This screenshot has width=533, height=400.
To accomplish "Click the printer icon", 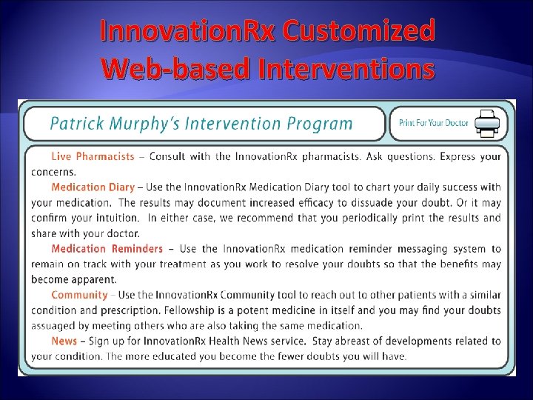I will pyautogui.click(x=486, y=123).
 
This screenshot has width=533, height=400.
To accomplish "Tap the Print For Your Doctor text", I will pyautogui.click(x=434, y=123).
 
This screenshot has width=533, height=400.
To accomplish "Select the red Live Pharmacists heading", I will pyautogui.click(x=93, y=156).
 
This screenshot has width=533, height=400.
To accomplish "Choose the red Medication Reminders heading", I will pyautogui.click(x=107, y=248).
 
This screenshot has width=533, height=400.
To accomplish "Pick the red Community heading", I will pyautogui.click(x=79, y=295).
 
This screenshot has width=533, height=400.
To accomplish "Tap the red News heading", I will pyautogui.click(x=64, y=341).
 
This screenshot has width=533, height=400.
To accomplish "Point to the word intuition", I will pyautogui.click(x=114, y=218).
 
